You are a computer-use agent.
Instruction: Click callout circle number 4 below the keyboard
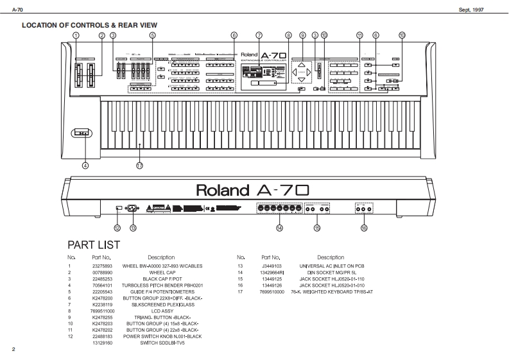(x=85, y=165)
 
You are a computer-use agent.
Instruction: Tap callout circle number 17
(x=139, y=165)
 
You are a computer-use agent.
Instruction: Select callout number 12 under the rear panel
(x=117, y=228)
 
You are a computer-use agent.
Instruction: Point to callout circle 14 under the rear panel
(x=279, y=228)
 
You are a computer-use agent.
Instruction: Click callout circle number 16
(x=364, y=228)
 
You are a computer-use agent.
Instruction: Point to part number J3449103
(x=273, y=265)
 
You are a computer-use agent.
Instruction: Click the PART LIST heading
(x=94, y=245)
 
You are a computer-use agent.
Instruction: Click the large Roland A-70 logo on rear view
(x=252, y=191)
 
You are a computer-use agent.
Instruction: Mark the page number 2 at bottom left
(x=13, y=349)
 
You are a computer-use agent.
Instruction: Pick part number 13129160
(x=105, y=343)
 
